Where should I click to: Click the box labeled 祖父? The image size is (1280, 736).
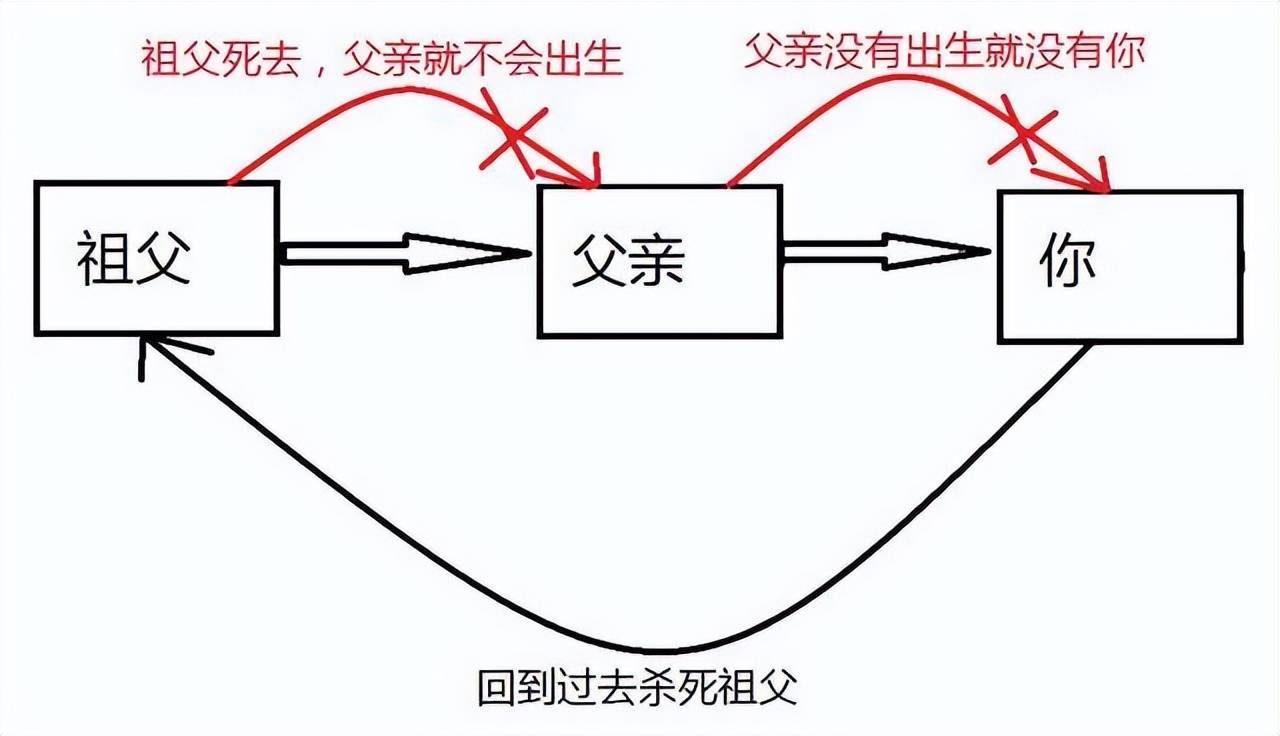156,257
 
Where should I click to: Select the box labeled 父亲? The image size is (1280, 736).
659,261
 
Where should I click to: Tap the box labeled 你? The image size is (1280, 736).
1120,266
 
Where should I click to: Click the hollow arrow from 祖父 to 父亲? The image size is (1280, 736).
405,253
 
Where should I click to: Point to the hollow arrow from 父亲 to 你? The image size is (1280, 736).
886,251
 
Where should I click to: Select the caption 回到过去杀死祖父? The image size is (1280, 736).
638,688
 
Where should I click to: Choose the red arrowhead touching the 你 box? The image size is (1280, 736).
1095,179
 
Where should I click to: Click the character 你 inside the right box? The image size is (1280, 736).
1068,262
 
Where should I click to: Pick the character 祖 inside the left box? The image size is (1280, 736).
105,258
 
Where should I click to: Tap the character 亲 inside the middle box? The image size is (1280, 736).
655,262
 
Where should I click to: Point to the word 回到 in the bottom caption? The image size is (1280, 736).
511,688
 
